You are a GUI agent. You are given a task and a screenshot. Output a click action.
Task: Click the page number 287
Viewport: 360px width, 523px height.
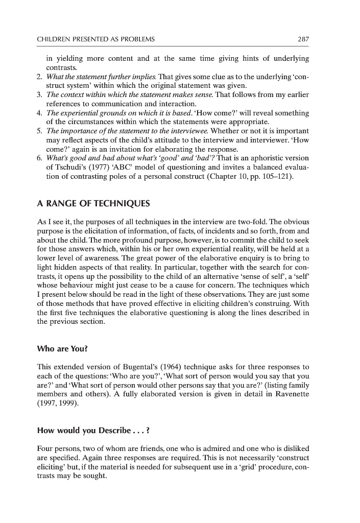[303, 39]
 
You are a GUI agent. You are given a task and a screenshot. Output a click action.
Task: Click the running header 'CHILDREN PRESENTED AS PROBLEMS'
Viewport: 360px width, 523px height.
[97, 39]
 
